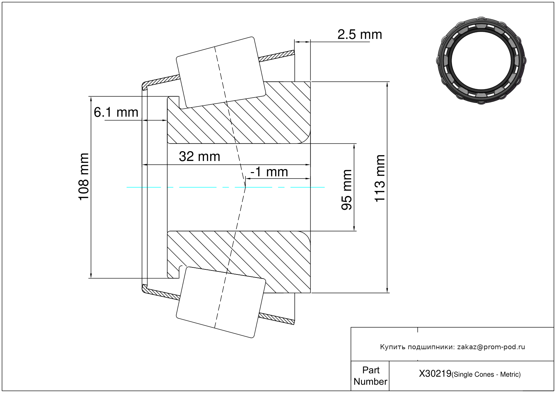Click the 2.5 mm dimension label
[360, 34]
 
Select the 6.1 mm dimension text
[116, 112]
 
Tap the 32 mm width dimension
[200, 157]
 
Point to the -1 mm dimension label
[269, 172]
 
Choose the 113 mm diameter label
[379, 178]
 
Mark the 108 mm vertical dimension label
[83, 177]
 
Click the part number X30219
[435, 373]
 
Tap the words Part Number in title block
[370, 375]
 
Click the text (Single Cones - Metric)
[486, 374]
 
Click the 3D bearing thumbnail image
[481, 61]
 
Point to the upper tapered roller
[221, 73]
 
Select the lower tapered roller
[221, 302]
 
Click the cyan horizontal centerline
[225, 187]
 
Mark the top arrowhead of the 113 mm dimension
[387, 84]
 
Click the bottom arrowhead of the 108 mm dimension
[91, 276]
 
